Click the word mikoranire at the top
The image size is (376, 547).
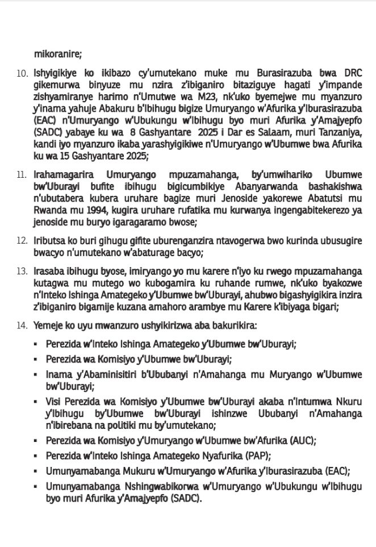(x=58, y=55)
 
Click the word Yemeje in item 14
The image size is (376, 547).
(x=49, y=326)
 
